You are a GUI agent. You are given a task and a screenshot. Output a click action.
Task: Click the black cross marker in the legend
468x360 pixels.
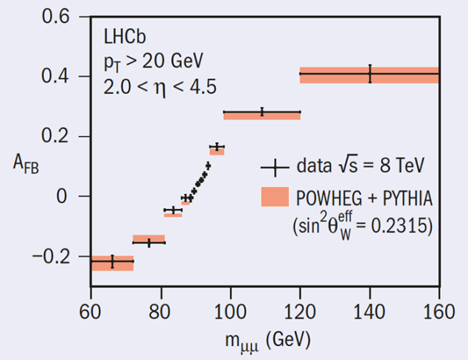pyautogui.click(x=274, y=167)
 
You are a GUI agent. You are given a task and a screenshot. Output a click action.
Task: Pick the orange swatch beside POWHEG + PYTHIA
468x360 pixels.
pyautogui.click(x=274, y=198)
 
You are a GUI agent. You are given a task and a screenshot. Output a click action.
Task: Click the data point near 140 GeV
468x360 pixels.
pyautogui.click(x=370, y=74)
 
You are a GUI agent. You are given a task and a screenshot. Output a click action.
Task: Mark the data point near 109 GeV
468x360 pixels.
pyautogui.click(x=262, y=112)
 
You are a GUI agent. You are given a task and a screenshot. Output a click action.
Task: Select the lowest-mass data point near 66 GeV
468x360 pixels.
pyautogui.click(x=112, y=261)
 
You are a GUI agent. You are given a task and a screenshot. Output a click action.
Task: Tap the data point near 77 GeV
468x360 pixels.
pyautogui.click(x=149, y=242)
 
